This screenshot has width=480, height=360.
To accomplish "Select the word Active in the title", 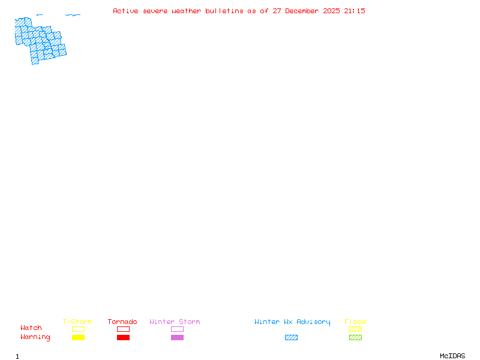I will pyautogui.click(x=126, y=11).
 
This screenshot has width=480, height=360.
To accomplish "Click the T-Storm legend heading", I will pyautogui.click(x=77, y=322).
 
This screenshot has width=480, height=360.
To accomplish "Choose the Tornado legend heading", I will pyautogui.click(x=122, y=322).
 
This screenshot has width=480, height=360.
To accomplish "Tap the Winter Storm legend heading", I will pyautogui.click(x=175, y=322).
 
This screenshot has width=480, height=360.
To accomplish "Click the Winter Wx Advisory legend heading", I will pyautogui.click(x=292, y=322).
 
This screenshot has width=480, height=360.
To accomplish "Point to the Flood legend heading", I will pyautogui.click(x=355, y=322).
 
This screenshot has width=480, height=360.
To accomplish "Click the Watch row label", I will pyautogui.click(x=31, y=328).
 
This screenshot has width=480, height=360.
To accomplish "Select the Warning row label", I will pyautogui.click(x=35, y=337).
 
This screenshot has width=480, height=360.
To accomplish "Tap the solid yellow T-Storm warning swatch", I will pyautogui.click(x=78, y=338).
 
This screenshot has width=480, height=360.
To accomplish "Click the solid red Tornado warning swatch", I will pyautogui.click(x=123, y=338).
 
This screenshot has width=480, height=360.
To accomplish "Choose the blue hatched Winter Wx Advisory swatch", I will pyautogui.click(x=291, y=338).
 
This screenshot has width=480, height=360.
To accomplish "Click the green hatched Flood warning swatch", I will pyautogui.click(x=355, y=338).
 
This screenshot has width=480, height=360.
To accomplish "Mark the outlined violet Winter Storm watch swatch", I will pyautogui.click(x=177, y=329).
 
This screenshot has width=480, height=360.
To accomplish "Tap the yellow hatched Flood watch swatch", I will pyautogui.click(x=355, y=329).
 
